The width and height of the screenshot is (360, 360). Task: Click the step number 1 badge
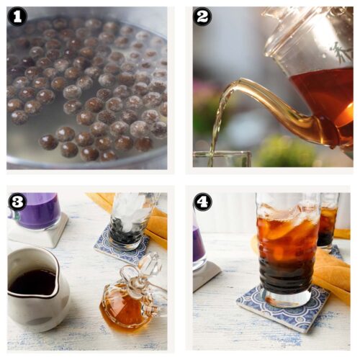click(x=17, y=17)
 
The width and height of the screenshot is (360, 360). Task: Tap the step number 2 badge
click(x=202, y=17)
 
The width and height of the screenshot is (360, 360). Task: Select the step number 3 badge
click(x=17, y=202)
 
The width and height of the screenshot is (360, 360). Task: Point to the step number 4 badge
click(x=202, y=202)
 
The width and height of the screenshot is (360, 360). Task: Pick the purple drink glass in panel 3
click(x=38, y=211)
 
